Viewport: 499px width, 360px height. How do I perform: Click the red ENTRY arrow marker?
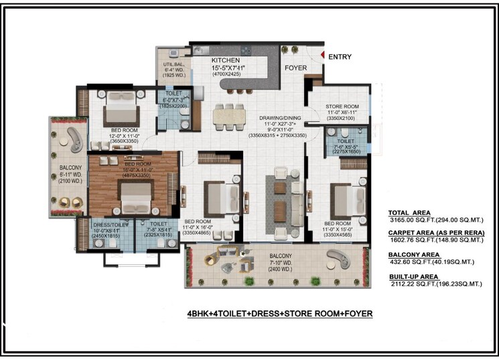(322, 56)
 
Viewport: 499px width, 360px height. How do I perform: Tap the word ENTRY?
(340, 57)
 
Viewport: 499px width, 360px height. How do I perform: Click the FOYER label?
(295, 68)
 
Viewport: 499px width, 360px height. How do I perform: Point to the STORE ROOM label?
(342, 107)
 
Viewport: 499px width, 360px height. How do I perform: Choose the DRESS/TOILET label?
(105, 225)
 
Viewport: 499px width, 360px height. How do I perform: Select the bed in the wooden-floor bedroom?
(136, 194)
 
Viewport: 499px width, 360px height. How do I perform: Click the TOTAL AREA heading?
(411, 211)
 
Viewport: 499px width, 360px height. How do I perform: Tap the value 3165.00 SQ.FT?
(411, 219)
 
